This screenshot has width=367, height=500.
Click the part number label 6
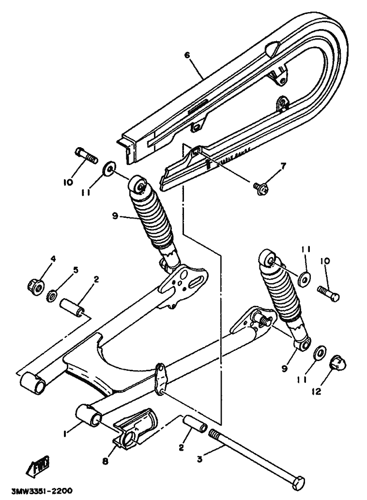pos(187,55)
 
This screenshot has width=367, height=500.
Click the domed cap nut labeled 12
pos(337,363)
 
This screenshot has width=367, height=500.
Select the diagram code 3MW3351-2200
pos(37,491)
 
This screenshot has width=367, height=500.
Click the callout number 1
pos(63,434)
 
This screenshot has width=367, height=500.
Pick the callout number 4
pos(53,259)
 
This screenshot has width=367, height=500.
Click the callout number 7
pos(283,166)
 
